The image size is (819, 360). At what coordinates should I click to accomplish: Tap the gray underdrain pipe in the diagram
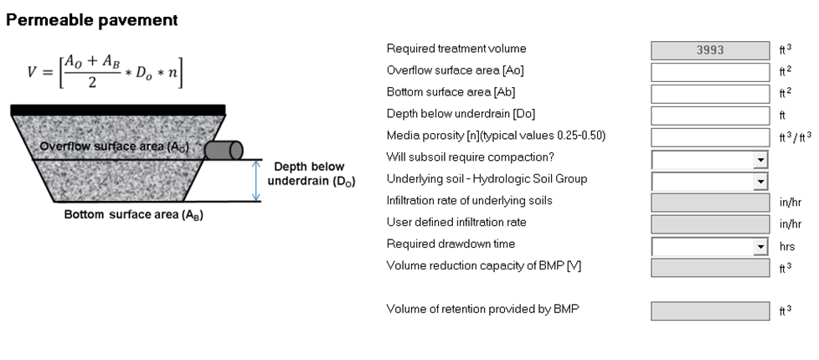click(224, 151)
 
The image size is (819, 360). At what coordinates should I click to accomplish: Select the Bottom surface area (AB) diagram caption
click(134, 214)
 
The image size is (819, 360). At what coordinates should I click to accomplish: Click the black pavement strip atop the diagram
click(118, 109)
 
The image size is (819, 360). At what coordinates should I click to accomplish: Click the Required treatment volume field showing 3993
click(710, 50)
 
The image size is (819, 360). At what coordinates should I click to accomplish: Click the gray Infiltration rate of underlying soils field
click(710, 203)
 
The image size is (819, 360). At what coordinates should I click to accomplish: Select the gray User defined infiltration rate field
click(710, 224)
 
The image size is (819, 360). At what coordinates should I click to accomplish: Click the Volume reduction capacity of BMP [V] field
click(710, 268)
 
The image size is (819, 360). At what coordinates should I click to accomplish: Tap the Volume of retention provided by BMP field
click(710, 311)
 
